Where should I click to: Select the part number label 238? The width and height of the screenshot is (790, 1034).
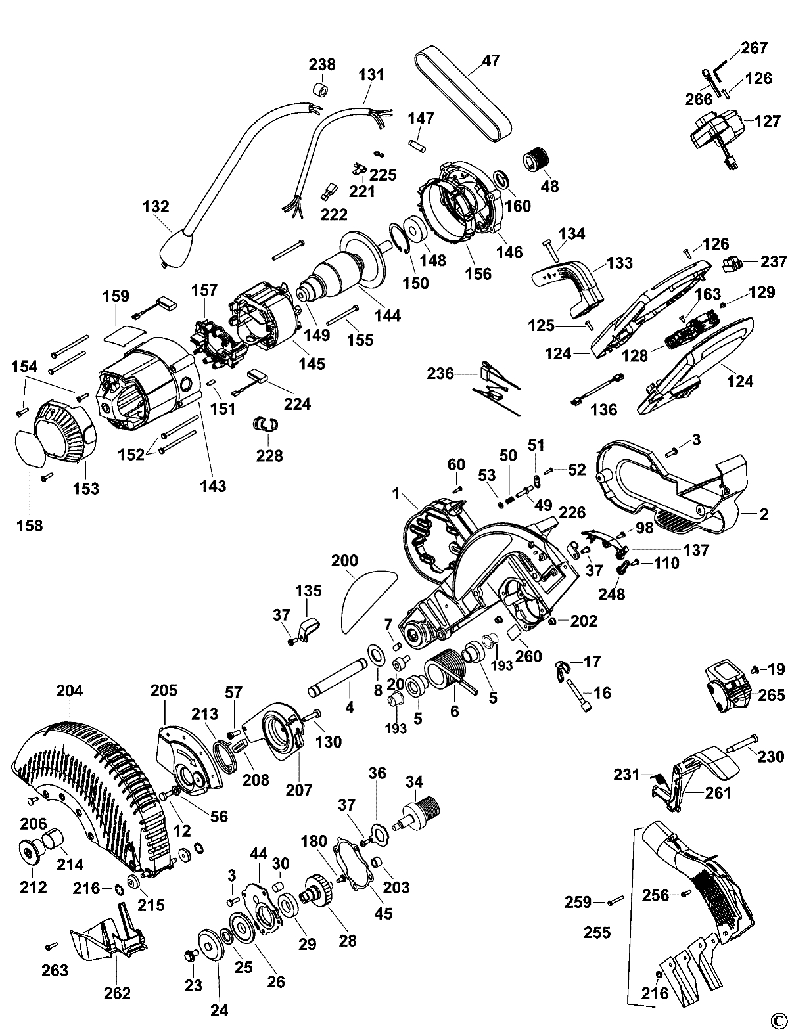(x=322, y=64)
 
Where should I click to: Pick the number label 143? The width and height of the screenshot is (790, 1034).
(x=213, y=485)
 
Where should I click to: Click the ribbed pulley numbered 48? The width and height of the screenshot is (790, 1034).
(x=537, y=161)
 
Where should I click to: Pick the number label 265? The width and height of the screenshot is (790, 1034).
(x=771, y=695)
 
